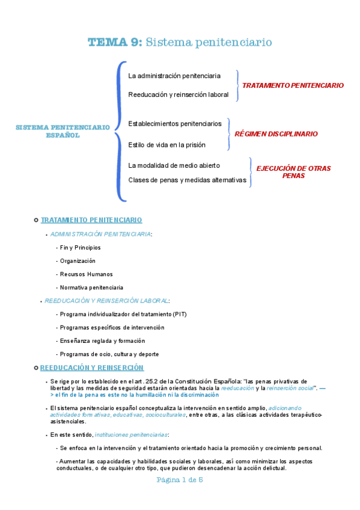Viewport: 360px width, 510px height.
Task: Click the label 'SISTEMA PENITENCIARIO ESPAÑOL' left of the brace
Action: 63,131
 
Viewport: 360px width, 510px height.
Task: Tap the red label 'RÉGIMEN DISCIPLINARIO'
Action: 276,134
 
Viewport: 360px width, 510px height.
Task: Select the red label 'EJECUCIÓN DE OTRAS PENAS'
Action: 293,172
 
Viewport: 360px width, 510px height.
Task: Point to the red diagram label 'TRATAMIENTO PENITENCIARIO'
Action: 293,85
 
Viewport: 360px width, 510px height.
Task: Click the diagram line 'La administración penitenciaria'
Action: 174,76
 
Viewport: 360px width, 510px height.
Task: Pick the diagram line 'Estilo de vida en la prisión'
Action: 166,145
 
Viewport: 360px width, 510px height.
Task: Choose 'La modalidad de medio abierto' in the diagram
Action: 174,165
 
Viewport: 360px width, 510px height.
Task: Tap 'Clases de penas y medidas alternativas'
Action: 187,180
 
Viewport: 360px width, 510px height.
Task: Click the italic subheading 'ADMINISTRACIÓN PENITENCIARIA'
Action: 100,234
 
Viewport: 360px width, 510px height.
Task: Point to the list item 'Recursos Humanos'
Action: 86,274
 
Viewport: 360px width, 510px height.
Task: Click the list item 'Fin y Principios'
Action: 80,248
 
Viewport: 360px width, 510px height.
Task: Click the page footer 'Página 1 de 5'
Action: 180,480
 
